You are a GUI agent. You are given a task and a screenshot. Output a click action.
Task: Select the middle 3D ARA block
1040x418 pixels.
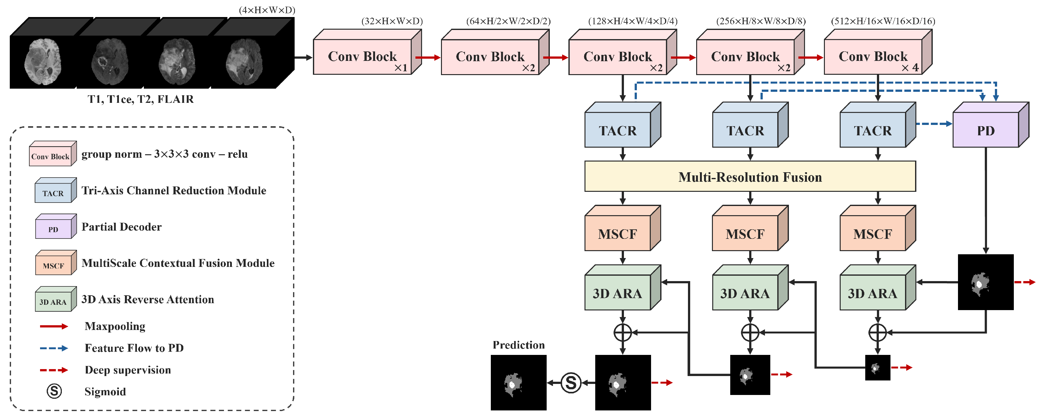click(x=745, y=293)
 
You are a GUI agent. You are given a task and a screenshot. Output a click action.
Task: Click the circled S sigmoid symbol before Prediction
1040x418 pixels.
click(x=570, y=382)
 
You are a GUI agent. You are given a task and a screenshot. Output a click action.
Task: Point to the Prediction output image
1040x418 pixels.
click(x=518, y=382)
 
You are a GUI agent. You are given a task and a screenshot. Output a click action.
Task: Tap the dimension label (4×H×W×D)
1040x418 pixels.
click(x=267, y=10)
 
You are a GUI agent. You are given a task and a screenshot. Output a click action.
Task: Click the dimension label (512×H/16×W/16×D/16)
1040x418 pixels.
click(x=883, y=21)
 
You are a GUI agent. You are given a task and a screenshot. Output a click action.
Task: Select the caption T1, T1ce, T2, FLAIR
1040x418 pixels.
click(x=140, y=99)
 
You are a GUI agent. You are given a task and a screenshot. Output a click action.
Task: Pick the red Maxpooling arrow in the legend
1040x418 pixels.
click(x=54, y=326)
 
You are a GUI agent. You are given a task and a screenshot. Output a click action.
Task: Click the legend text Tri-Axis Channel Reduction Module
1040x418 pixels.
click(x=173, y=190)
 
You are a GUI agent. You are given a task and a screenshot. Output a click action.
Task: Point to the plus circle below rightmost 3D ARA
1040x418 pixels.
click(x=877, y=333)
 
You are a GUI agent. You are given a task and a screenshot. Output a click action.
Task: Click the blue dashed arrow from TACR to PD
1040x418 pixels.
click(x=933, y=124)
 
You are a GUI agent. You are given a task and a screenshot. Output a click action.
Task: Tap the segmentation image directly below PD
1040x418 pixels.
click(x=985, y=282)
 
